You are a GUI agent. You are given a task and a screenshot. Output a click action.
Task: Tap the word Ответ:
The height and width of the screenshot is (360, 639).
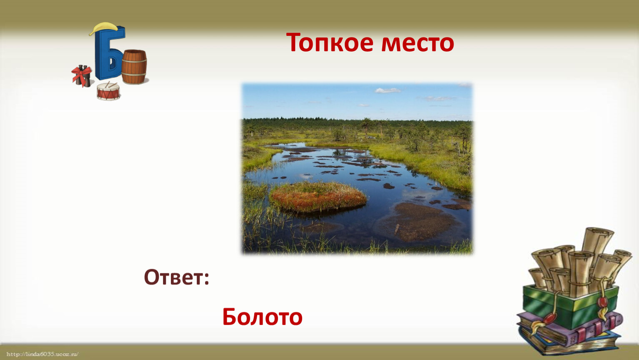click(x=177, y=277)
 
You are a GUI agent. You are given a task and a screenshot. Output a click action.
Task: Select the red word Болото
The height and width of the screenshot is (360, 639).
click(x=262, y=317)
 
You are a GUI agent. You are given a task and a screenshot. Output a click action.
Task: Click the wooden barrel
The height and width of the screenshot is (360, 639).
click(x=134, y=67)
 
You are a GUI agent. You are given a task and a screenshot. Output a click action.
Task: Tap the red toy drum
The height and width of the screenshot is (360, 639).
click(x=108, y=92)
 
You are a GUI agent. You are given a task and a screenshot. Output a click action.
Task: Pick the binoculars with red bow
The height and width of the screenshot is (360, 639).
click(x=82, y=76)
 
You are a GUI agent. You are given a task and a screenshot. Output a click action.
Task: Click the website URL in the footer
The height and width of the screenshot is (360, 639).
click(x=42, y=354)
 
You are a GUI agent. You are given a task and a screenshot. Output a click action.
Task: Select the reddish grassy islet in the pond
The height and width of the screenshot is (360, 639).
click(x=318, y=197)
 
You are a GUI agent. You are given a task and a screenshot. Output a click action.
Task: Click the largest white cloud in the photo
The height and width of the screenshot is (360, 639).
click(x=387, y=91)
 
